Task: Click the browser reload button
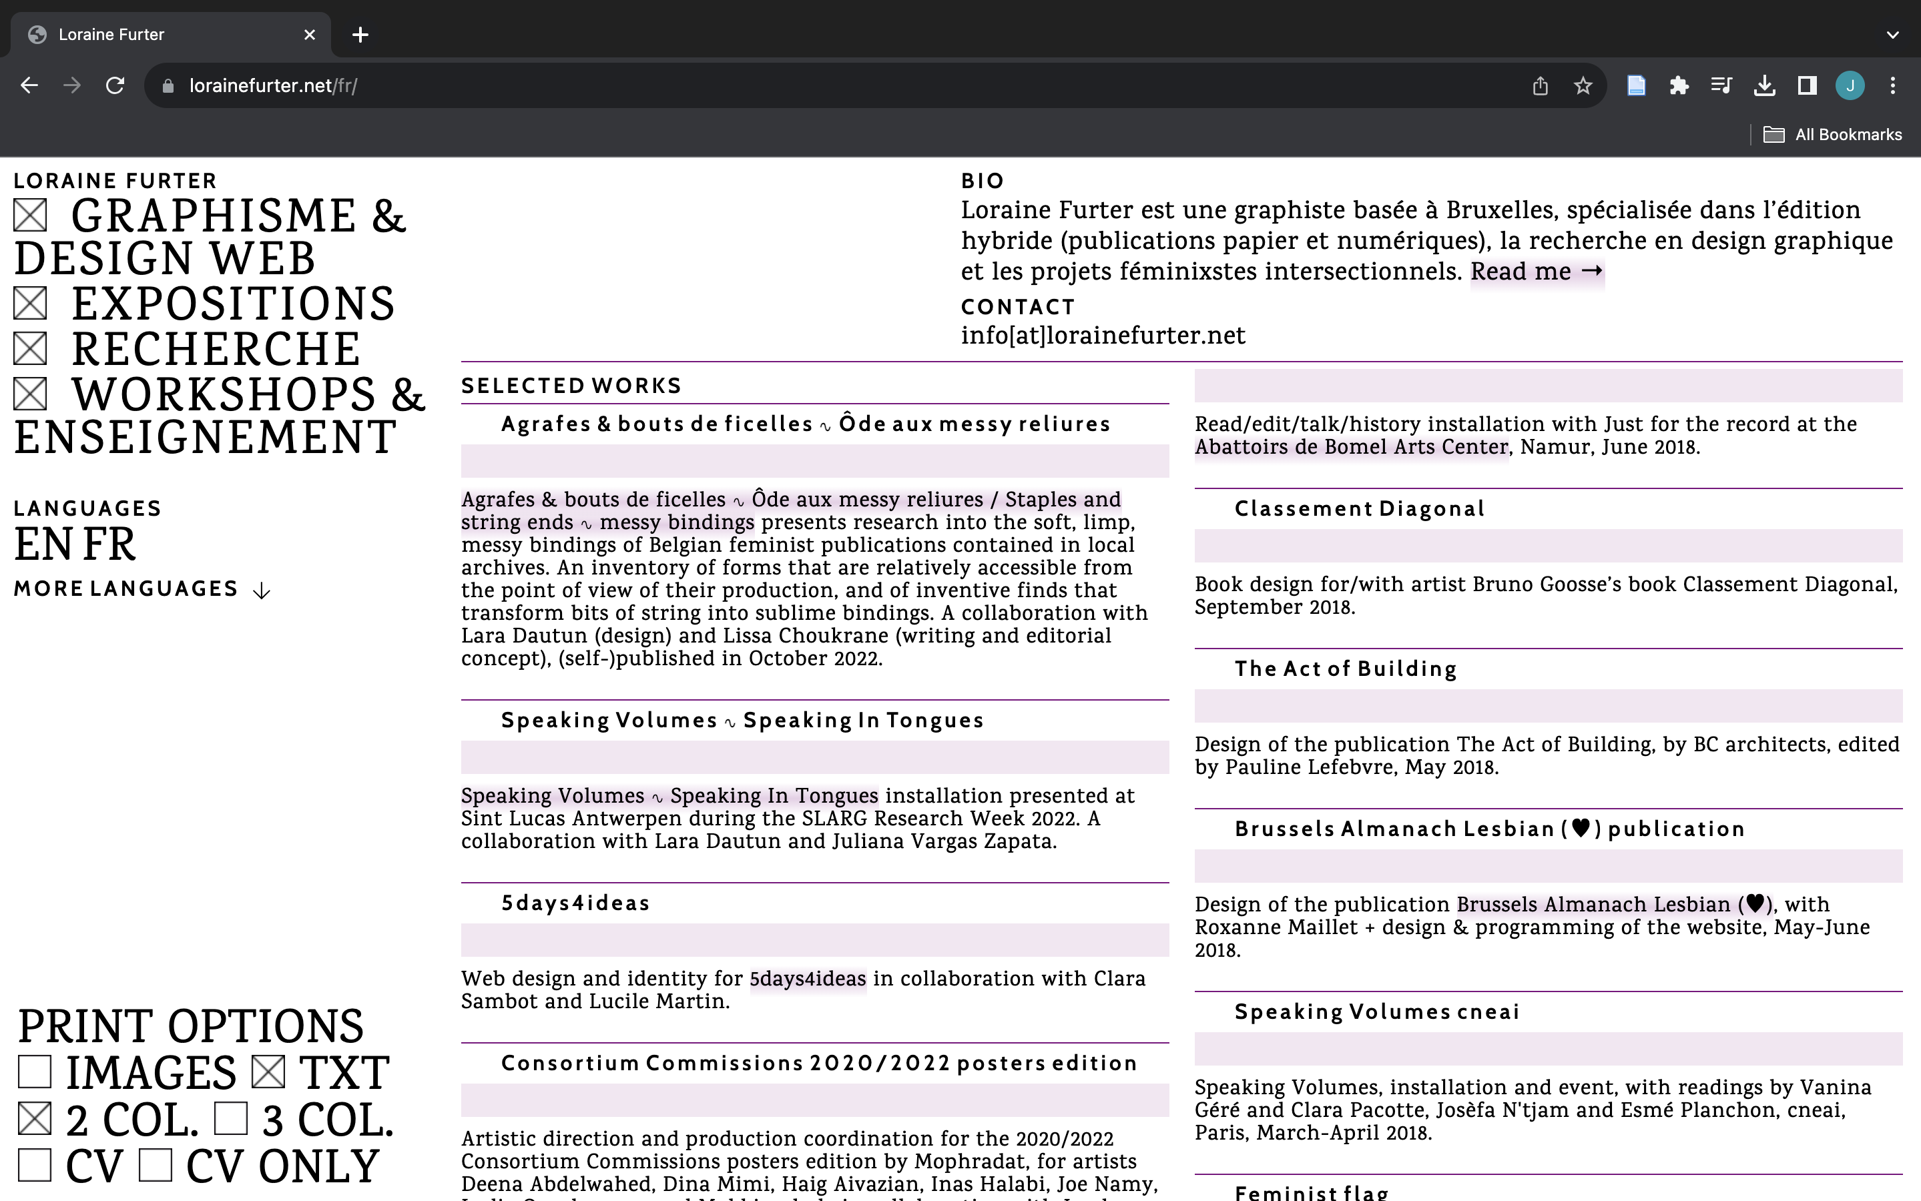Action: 115,86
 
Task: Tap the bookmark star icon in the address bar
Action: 1583,86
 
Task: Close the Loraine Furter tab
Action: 310,35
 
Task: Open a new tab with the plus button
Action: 360,35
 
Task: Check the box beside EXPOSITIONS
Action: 30,304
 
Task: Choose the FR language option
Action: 109,545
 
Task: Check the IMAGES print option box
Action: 35,1072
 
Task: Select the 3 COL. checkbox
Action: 231,1119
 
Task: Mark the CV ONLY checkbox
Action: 156,1165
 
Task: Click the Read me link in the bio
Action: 1537,272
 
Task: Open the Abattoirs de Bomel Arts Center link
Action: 1350,447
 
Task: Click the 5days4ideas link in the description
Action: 807,979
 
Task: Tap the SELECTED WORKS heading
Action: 571,386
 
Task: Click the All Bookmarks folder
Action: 1833,135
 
